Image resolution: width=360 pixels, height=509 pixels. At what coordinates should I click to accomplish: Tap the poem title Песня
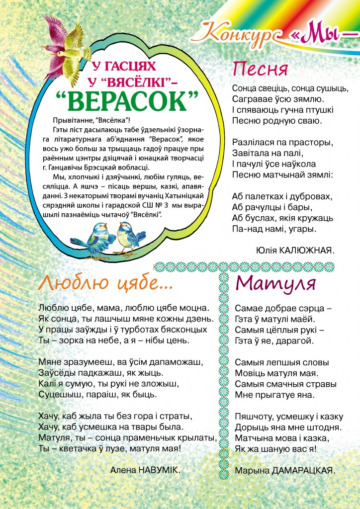(x=260, y=68)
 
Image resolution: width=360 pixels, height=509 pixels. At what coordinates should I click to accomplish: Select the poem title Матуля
(x=275, y=283)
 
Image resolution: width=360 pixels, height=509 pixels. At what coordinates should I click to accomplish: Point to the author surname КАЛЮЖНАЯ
(x=308, y=250)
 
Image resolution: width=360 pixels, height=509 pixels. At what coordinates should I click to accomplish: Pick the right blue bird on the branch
(x=128, y=237)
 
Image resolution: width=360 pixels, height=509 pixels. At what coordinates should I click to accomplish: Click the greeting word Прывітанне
(x=73, y=120)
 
